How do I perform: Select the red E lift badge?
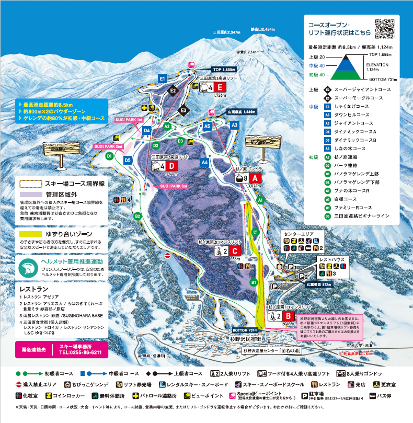220,87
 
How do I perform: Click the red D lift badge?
173,166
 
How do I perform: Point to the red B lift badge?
288,316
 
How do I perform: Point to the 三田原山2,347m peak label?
226,32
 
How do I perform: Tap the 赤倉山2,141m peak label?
247,52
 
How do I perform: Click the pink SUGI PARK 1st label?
129,120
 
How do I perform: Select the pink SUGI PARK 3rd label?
174,186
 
